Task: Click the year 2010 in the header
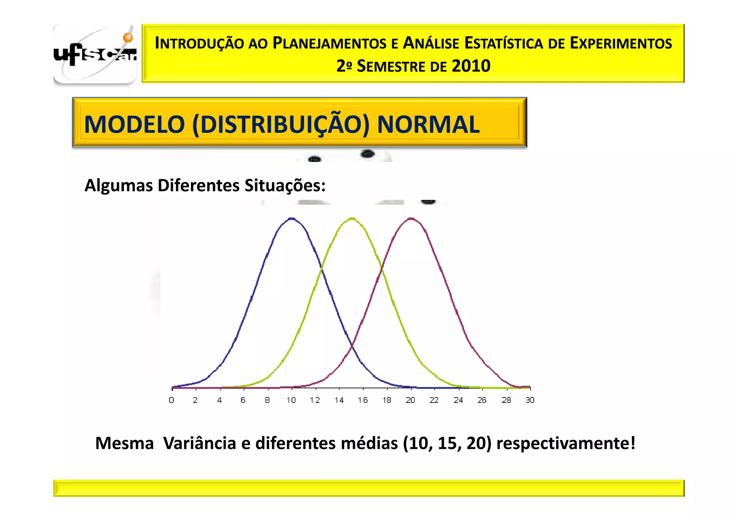pos(471,66)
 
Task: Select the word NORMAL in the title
pos(428,125)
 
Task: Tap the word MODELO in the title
pos(134,125)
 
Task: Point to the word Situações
pos(285,186)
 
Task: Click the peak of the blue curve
pos(292,218)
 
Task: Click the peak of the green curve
pos(352,218)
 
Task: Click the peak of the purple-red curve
pos(411,218)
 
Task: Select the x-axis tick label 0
pos(172,400)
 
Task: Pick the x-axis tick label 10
pos(291,400)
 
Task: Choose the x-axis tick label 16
pos(363,400)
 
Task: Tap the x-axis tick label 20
pos(410,400)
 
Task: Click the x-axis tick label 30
pos(530,400)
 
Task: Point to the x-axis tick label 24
pos(458,400)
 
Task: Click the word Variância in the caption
pos(200,443)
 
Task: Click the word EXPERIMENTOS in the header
pos(621,44)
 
